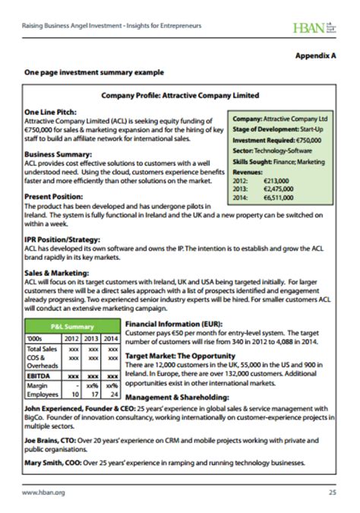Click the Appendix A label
315,55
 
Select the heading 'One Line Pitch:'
50,112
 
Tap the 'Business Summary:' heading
58,154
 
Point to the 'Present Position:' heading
55,195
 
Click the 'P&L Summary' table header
72,326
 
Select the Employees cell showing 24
112,395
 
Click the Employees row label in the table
43,395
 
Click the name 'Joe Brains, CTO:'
55,441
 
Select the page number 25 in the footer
332,492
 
